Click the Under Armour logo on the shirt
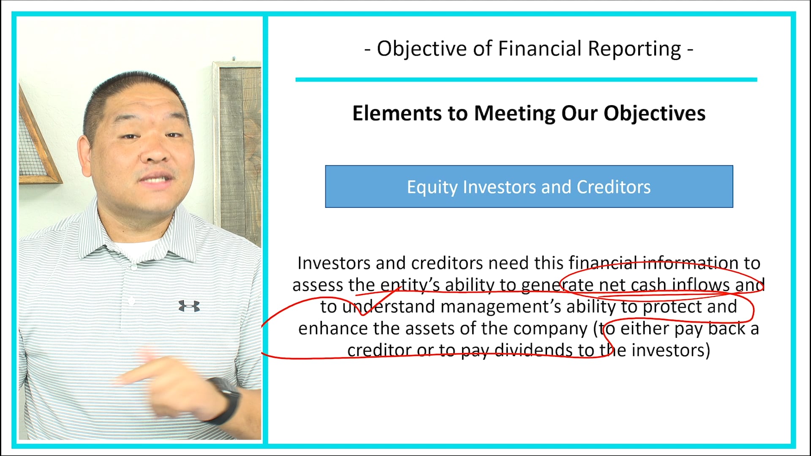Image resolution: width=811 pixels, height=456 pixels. [189, 306]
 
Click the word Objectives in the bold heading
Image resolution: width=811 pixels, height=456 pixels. [654, 113]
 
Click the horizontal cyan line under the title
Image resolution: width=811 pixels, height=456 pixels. [526, 79]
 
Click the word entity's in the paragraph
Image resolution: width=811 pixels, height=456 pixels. [410, 285]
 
